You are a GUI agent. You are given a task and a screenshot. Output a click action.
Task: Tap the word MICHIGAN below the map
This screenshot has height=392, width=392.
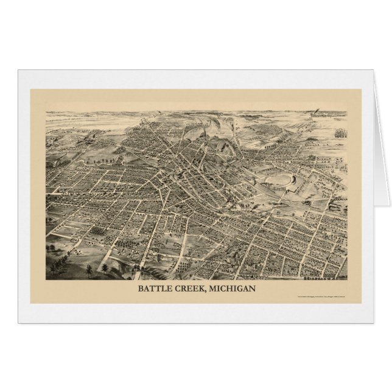pos(233,288)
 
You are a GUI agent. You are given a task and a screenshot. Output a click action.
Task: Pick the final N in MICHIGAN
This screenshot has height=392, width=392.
pos(252,288)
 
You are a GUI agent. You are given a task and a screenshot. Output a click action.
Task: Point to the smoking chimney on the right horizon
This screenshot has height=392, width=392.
pos(316,113)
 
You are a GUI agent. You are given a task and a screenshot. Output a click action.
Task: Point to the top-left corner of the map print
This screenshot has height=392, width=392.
pos(46,111)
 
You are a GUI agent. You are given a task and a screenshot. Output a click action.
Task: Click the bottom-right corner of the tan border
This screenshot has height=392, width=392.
pos(361,303)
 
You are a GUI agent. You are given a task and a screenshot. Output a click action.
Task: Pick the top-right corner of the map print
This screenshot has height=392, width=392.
pos(346,111)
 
